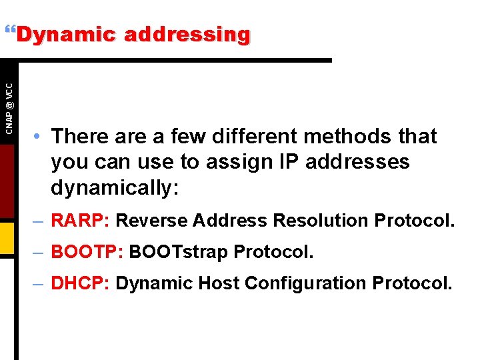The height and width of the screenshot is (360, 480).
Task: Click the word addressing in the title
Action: pos(187,34)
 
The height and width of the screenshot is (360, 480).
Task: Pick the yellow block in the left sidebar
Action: pos(7,239)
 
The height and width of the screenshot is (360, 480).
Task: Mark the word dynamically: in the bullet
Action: pos(115,188)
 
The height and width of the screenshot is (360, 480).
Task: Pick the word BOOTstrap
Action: pos(177,253)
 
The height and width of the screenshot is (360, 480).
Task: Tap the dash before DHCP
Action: pos(39,284)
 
